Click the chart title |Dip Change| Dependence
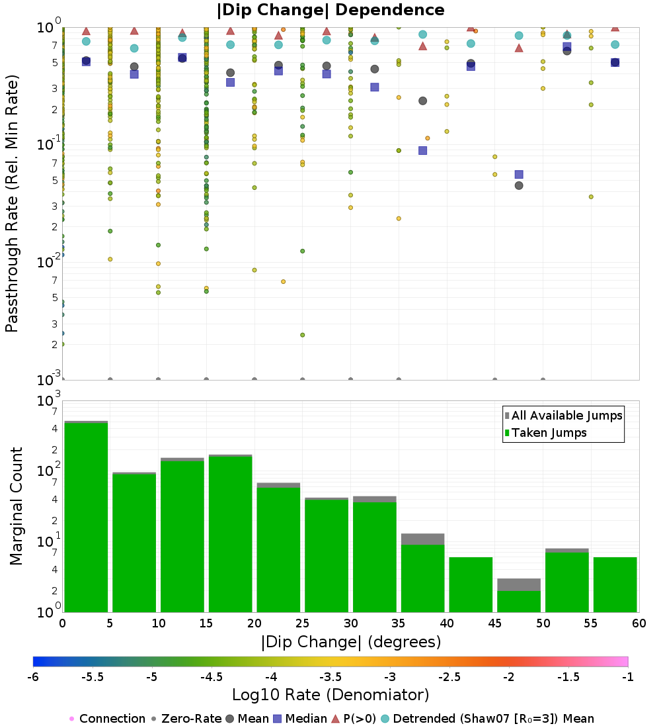point(330,10)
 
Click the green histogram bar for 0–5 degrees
point(86,516)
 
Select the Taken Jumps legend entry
point(545,433)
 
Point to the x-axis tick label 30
point(350,623)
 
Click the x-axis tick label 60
point(639,623)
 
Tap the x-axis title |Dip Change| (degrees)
point(350,642)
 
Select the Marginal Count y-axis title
point(16,506)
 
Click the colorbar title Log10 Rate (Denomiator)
point(330,695)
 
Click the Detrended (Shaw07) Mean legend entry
point(493,719)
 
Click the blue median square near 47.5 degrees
point(519,174)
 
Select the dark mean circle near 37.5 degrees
point(422,101)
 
